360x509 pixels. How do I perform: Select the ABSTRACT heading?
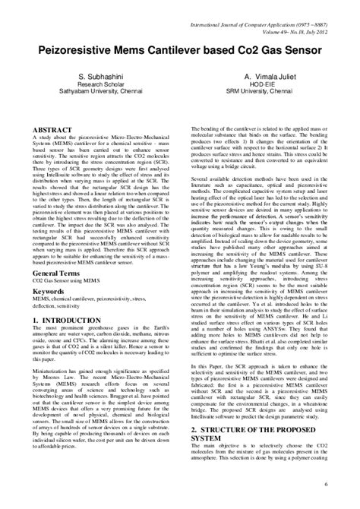pyautogui.click(x=52, y=131)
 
